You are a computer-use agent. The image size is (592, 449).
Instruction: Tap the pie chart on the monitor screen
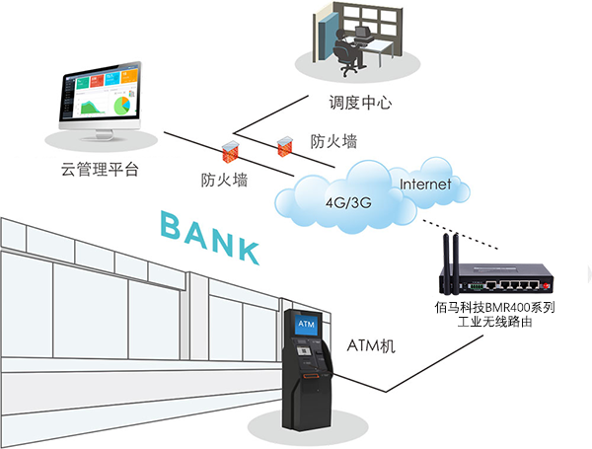pos(120,103)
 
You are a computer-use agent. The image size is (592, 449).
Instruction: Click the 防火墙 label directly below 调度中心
pos(334,141)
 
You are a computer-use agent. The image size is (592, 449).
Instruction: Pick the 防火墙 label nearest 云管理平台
pos(224,180)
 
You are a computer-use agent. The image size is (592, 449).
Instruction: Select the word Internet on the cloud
pos(424,185)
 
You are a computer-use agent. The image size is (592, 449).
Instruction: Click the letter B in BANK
pos(173,226)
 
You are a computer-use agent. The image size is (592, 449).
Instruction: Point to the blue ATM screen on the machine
pos(306,323)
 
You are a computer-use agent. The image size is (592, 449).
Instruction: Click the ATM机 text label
pos(371,344)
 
